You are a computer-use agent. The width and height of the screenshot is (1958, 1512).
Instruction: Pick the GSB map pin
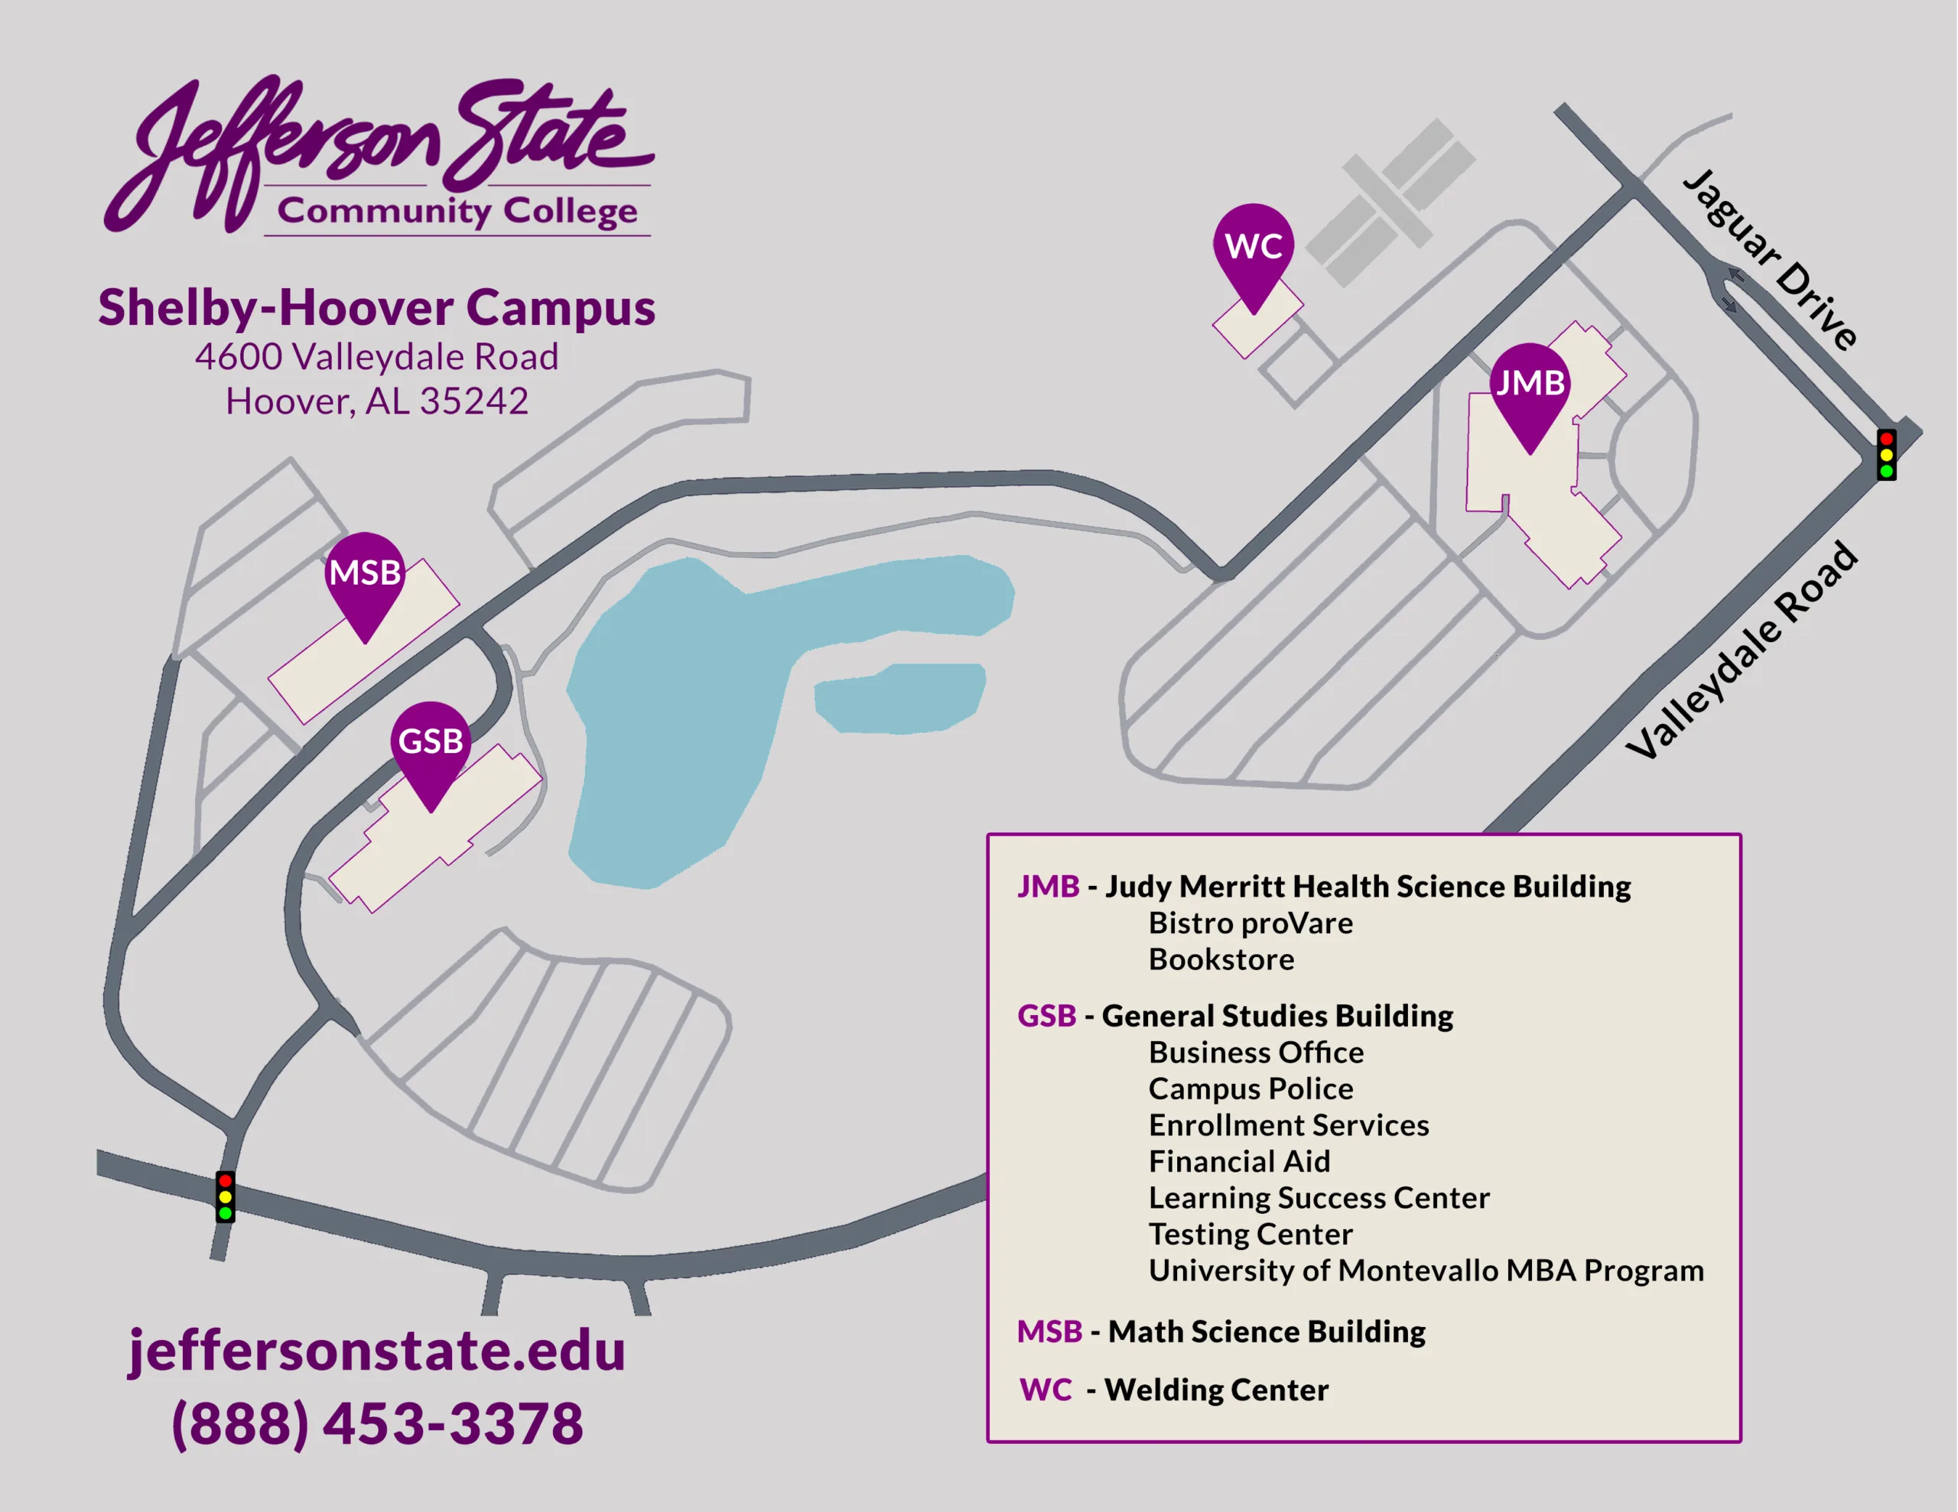pyautogui.click(x=431, y=743)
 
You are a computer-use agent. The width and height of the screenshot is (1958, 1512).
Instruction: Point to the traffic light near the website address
pyautogui.click(x=225, y=1196)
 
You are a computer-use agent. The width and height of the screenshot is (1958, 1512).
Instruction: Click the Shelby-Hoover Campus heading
pyautogui.click(x=376, y=307)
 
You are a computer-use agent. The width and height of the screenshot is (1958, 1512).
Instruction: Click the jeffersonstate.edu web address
pyautogui.click(x=376, y=1351)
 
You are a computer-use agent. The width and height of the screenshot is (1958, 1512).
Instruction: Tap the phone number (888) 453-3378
pyautogui.click(x=376, y=1423)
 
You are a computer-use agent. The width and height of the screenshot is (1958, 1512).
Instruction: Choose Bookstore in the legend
pyautogui.click(x=1221, y=960)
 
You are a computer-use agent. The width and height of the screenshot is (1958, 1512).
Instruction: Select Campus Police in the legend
pyautogui.click(x=1251, y=1089)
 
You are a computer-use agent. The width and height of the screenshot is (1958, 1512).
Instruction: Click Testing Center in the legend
pyautogui.click(x=1251, y=1235)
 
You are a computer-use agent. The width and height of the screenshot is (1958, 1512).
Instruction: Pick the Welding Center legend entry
pyautogui.click(x=1215, y=1390)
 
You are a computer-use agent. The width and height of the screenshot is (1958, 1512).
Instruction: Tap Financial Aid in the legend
pyautogui.click(x=1239, y=1162)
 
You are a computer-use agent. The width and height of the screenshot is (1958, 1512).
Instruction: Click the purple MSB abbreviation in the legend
pyautogui.click(x=1049, y=1332)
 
